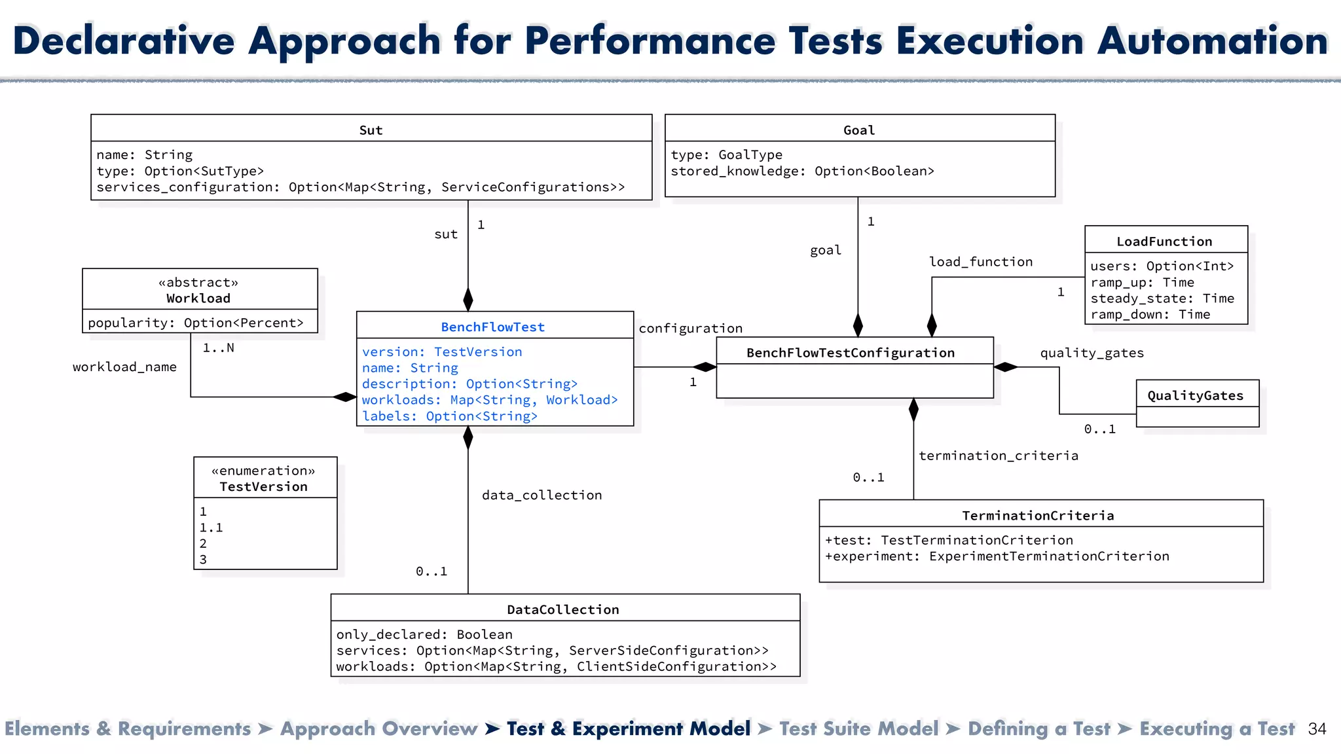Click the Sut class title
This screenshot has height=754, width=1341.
pos(371,130)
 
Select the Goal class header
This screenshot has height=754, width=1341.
pos(858,130)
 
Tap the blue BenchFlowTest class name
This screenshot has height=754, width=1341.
pos(492,327)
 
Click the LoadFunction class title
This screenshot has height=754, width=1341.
pos(1164,241)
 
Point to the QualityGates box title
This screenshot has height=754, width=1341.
pos(1195,395)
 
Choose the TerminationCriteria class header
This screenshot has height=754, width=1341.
pos(1038,515)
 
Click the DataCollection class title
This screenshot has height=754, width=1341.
pos(563,609)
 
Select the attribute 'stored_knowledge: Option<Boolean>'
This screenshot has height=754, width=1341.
pos(802,171)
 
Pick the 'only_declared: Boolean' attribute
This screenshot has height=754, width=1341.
pos(424,634)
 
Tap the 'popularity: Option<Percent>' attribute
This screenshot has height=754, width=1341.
pos(196,323)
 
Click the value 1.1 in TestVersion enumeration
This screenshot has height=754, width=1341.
pos(211,528)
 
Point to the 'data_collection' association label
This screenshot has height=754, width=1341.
pos(542,495)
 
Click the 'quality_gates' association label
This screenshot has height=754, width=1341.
pos(1092,353)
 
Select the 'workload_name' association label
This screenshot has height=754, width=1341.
pos(124,367)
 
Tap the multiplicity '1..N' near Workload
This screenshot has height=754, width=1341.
pos(218,348)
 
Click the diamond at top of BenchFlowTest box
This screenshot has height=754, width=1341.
pos(468,300)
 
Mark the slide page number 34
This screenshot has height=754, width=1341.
pos(1317,728)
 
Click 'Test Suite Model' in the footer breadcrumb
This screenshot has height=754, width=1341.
pos(858,728)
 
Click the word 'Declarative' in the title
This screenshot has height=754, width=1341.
pos(124,41)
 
